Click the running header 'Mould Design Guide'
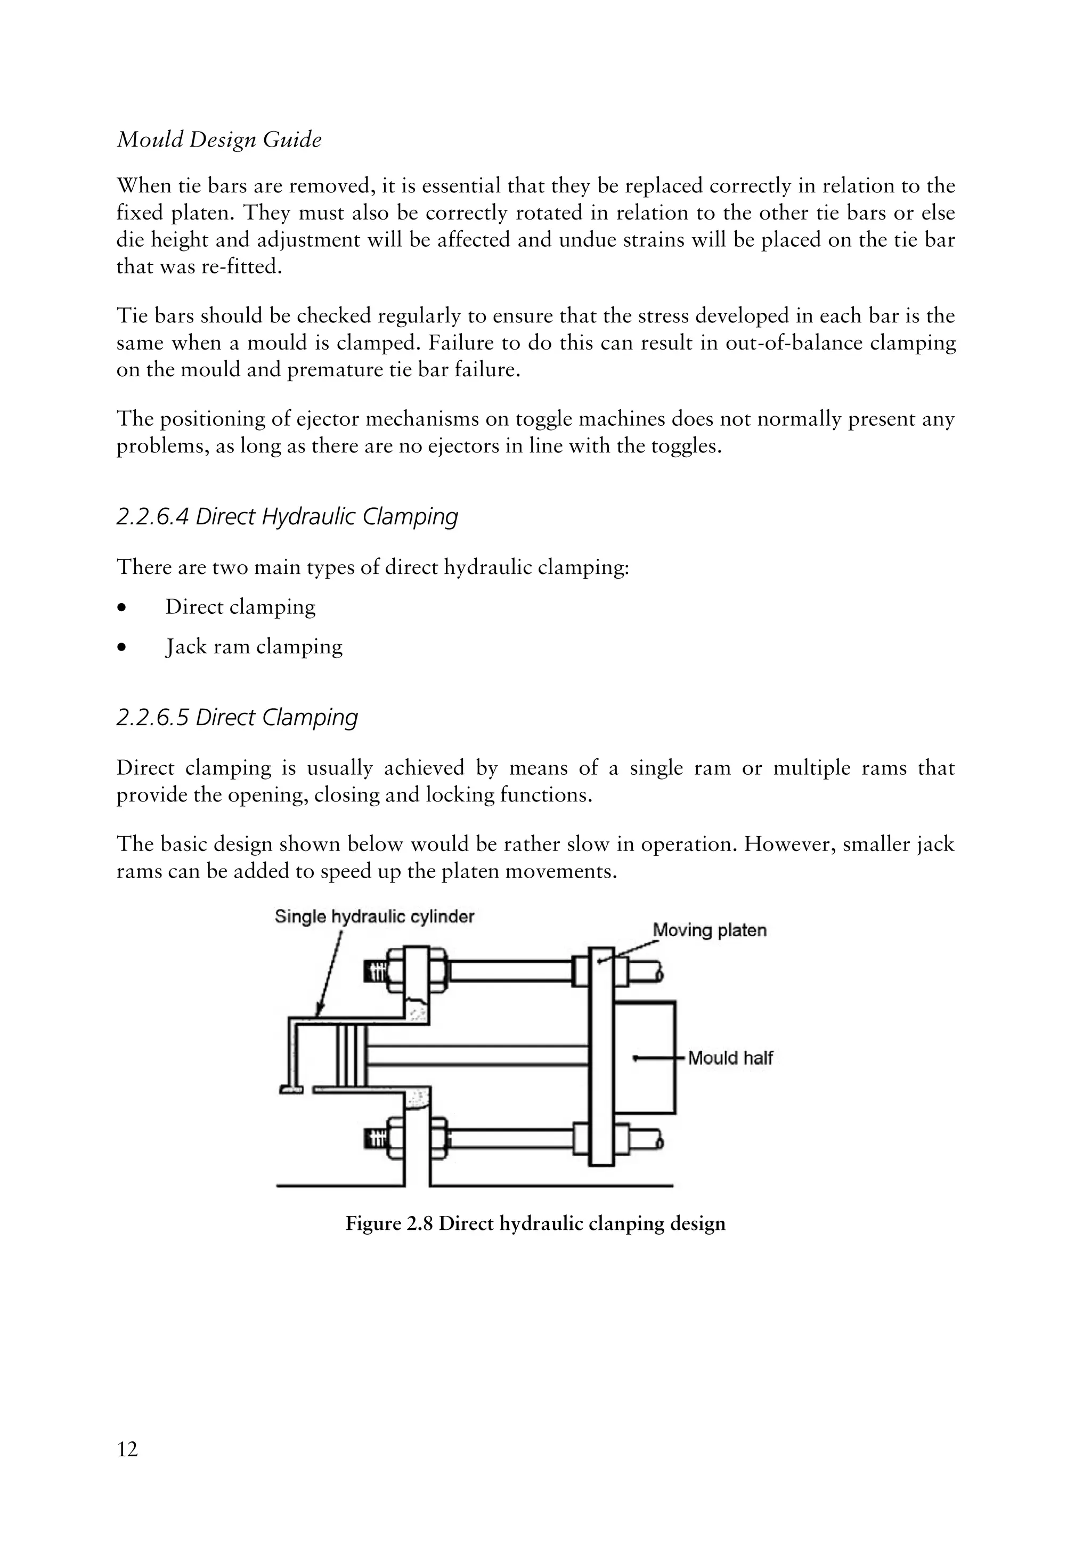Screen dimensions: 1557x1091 pyautogui.click(x=219, y=140)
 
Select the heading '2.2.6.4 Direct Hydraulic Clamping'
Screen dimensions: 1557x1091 pyautogui.click(x=287, y=517)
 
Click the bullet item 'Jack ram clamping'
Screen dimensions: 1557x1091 pyautogui.click(x=254, y=646)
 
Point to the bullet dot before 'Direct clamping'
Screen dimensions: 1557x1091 pyautogui.click(x=121, y=607)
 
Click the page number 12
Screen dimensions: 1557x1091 pyautogui.click(x=127, y=1449)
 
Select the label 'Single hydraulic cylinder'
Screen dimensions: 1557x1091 pyautogui.click(x=374, y=917)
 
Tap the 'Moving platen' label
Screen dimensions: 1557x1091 pyautogui.click(x=709, y=930)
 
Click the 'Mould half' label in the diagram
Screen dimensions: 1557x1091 pyautogui.click(x=730, y=1058)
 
